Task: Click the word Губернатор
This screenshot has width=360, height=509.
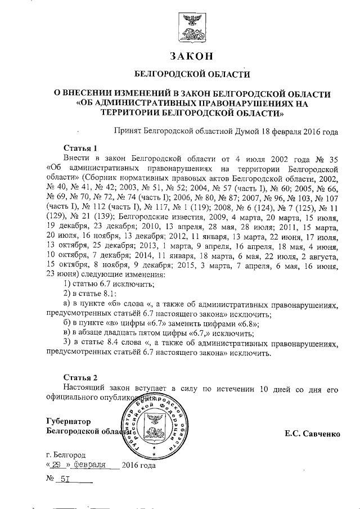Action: click(x=67, y=421)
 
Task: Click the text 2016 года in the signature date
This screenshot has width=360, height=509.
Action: click(x=138, y=465)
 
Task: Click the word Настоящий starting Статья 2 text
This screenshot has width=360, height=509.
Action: click(x=84, y=388)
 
